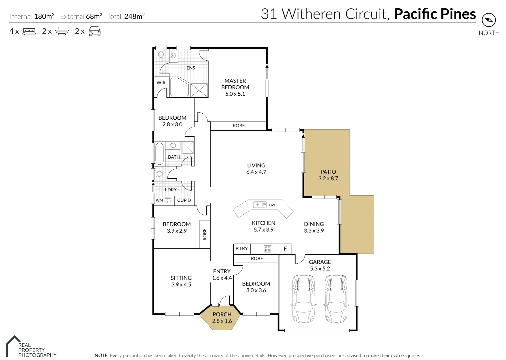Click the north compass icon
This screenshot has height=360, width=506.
coord(489,20)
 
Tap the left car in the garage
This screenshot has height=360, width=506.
coord(303,299)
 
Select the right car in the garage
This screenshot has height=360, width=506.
coord(336,299)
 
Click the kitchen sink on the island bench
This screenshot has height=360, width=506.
coord(260,204)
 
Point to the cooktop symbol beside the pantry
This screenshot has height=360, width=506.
coord(267,248)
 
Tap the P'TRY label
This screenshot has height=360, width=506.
coord(241,248)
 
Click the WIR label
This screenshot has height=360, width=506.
coord(161,83)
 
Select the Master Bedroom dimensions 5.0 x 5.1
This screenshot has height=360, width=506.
coord(235,94)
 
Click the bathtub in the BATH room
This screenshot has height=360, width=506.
coord(159,153)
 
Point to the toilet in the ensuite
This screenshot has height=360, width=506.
coord(161,54)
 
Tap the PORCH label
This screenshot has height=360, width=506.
coord(222,314)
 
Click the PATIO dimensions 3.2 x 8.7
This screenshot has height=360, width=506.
coord(328,178)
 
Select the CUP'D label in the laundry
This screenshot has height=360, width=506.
coord(184,200)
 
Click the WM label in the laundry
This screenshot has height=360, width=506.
coord(159,200)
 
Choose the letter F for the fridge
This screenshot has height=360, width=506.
coord(285,249)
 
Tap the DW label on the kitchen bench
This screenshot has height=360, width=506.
coord(272,205)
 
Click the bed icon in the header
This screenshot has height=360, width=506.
coord(29,31)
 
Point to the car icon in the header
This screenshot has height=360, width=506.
coord(94,31)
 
